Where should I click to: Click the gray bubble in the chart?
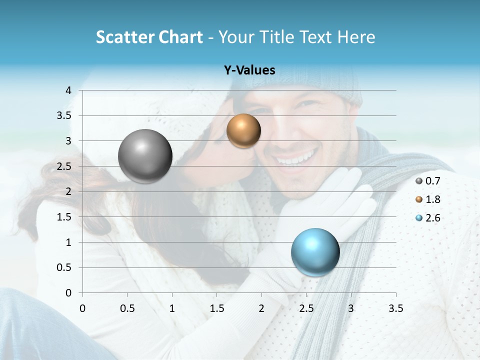(x=145, y=156)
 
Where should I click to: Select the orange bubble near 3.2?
(x=243, y=130)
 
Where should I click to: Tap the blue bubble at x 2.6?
(x=315, y=252)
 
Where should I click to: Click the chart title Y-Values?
(x=249, y=70)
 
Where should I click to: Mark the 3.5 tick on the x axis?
(x=395, y=308)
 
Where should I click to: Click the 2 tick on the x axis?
(x=261, y=308)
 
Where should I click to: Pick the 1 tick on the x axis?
(x=172, y=308)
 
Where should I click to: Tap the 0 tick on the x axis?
(x=82, y=308)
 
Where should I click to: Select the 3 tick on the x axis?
(x=351, y=308)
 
